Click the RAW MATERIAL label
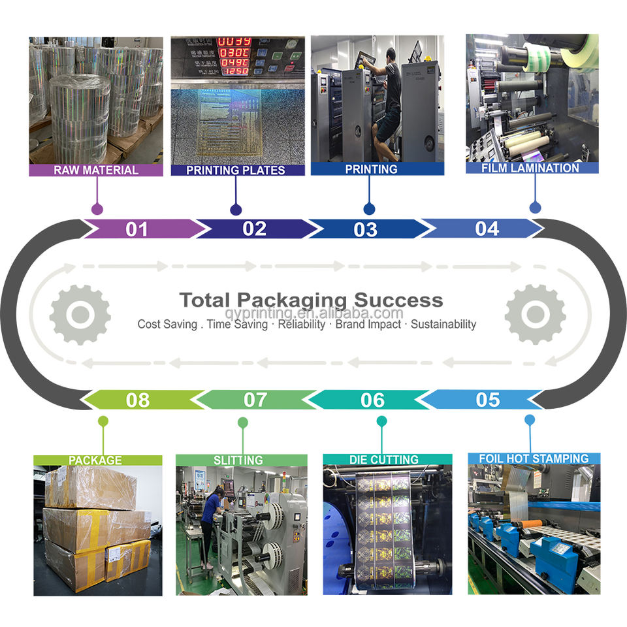coord(96,170)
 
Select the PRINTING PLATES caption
coord(236,170)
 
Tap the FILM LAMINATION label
coord(531,168)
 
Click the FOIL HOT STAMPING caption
coord(534,458)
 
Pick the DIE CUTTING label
coord(383,460)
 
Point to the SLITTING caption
coord(238,460)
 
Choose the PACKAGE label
coord(95,460)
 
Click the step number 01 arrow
coord(138,229)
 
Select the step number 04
coord(487,229)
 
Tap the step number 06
coord(373,400)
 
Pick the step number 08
coord(138,400)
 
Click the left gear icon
coord(80,314)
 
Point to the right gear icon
coord(535,314)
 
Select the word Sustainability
coord(443,324)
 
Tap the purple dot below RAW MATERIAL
coord(97,210)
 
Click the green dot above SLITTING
coord(243,423)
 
